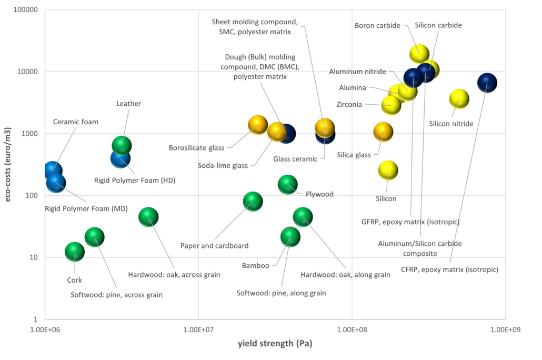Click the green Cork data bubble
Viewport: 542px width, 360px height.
75,252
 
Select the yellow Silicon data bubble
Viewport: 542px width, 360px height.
388,171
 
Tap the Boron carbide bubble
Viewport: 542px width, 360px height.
419,53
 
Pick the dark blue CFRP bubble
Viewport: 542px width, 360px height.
487,83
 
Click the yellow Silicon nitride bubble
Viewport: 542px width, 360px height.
459,98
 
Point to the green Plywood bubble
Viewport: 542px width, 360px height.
287,184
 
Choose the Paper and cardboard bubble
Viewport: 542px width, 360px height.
253,201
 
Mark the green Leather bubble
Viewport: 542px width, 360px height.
122,145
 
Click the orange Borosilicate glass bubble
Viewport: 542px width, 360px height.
258,125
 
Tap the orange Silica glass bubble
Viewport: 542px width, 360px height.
383,132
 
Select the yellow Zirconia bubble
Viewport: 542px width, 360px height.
391,105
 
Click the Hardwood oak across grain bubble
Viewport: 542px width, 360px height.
148,216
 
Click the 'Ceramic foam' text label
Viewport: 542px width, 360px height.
76,122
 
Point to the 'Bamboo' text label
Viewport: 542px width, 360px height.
255,266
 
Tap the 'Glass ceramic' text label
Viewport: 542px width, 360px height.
295,159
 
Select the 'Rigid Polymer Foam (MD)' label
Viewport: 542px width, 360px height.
86,208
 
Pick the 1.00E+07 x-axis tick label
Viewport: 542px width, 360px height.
198,331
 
